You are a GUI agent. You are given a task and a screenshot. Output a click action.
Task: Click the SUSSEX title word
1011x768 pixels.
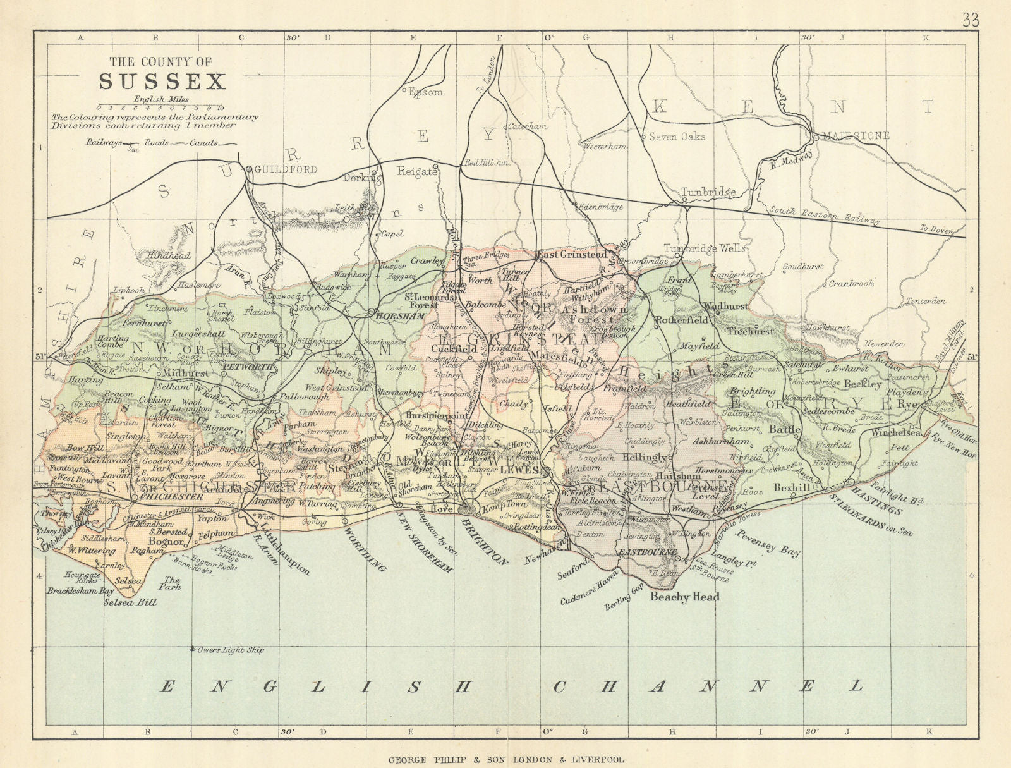(x=162, y=82)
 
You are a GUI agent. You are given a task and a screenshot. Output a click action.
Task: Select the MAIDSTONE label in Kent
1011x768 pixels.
(x=857, y=136)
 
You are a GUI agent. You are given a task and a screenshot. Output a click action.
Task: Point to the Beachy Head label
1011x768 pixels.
(x=685, y=596)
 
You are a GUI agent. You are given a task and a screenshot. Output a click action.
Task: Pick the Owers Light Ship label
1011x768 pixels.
(x=231, y=650)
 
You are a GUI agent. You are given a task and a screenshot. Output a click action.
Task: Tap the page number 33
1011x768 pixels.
(x=971, y=20)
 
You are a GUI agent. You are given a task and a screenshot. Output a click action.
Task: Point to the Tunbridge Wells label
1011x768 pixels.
(x=704, y=248)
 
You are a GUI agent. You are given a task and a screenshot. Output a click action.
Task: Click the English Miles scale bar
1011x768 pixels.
(x=159, y=107)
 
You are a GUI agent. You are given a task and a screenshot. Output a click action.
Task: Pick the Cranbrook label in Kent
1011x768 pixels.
(x=852, y=284)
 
